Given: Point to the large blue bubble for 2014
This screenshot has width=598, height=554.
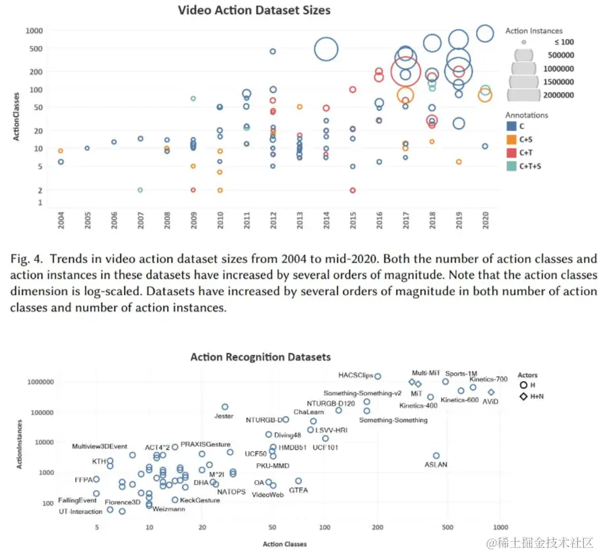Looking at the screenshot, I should (326, 49).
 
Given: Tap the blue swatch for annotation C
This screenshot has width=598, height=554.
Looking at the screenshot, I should (511, 126).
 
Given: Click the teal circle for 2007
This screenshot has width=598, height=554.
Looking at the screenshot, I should (140, 190).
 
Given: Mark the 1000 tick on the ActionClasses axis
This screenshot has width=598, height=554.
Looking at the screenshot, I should (35, 30).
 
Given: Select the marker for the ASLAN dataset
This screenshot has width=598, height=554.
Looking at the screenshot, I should (436, 456).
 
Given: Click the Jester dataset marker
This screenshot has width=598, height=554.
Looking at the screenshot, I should (225, 407).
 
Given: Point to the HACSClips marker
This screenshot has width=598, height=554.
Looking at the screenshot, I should (378, 376).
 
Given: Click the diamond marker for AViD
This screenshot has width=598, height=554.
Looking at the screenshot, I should (491, 392).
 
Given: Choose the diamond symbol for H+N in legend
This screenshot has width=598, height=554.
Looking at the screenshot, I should (523, 397).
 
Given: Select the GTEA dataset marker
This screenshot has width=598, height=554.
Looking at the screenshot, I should (298, 481).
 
